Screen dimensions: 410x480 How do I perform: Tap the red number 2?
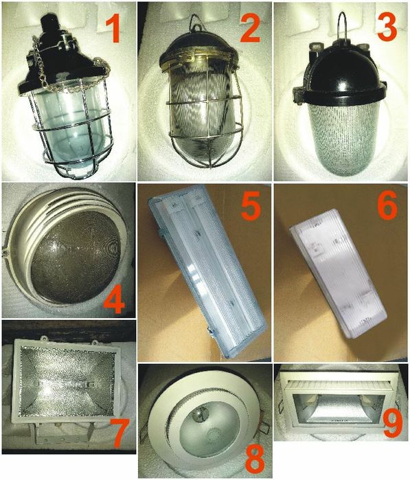coord(250,28)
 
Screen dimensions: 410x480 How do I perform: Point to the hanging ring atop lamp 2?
coord(197,24)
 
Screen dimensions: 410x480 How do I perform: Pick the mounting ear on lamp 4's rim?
coord(5,252)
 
